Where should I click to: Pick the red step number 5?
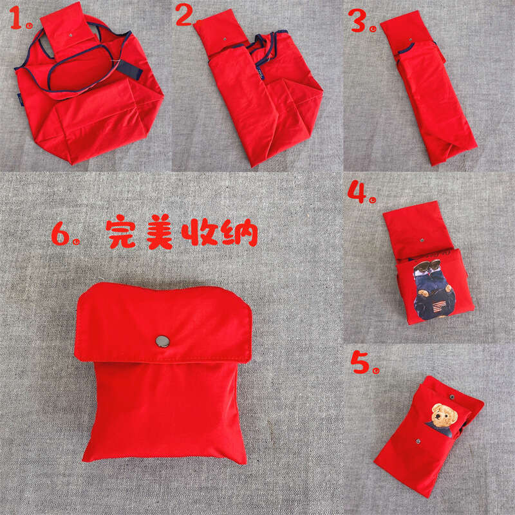pyautogui.click(x=360, y=362)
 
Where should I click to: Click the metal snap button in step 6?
pyautogui.click(x=162, y=340)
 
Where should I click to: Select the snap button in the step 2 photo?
pyautogui.click(x=223, y=40)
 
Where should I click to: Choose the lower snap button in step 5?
pyautogui.click(x=418, y=442)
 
